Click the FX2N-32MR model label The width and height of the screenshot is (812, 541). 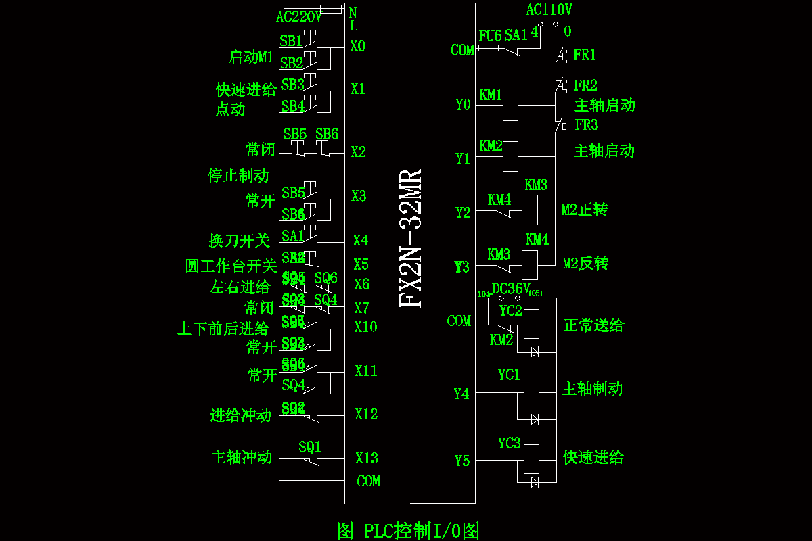[411, 237]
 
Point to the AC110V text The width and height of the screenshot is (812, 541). [549, 10]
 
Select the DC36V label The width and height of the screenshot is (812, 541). [511, 289]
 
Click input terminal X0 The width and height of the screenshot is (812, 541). [358, 46]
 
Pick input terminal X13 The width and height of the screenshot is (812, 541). [367, 458]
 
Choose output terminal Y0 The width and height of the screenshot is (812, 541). [463, 104]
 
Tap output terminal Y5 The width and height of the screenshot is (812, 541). [462, 461]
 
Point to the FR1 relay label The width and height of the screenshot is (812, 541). [585, 55]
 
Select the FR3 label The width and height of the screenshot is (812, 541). [587, 125]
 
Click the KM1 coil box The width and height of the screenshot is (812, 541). [510, 105]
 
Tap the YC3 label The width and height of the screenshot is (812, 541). [509, 444]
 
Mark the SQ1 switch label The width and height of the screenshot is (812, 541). [310, 447]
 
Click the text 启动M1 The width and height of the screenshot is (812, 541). [251, 57]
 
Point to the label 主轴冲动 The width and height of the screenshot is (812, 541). [242, 458]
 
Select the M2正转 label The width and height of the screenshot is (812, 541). [585, 210]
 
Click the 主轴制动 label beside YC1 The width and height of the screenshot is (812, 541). [592, 389]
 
